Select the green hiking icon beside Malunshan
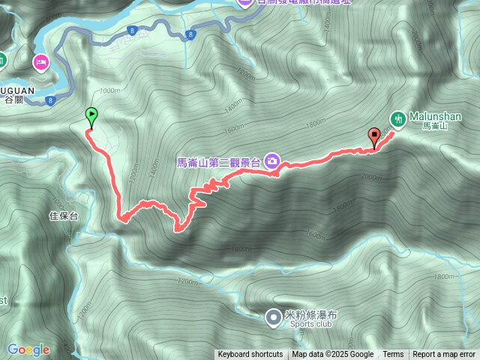tap(398, 118)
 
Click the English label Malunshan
tap(436, 117)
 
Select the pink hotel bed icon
tap(40, 61)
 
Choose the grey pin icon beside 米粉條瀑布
tap(273, 317)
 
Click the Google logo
tap(28, 349)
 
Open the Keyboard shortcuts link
tap(250, 355)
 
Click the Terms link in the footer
tap(393, 355)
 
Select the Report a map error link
tap(444, 355)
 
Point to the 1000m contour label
tap(109, 91)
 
